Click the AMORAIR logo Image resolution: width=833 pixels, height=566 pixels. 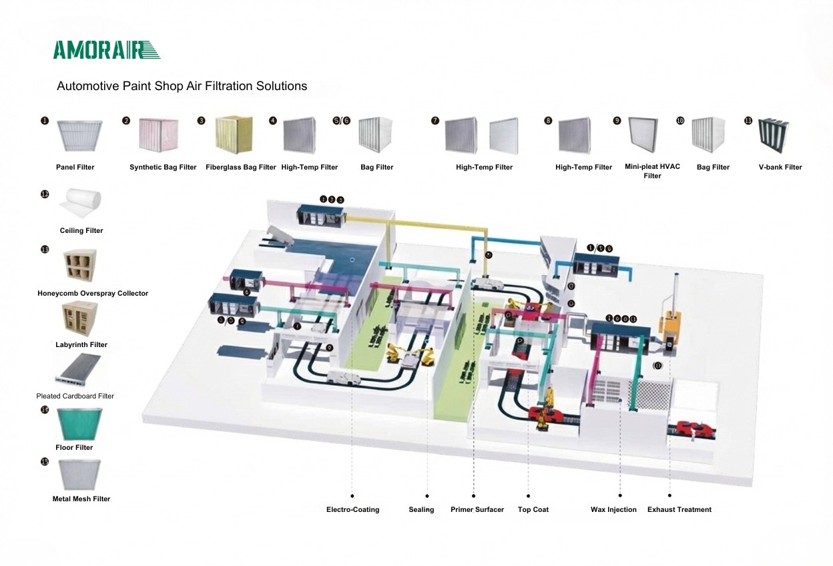tap(107, 50)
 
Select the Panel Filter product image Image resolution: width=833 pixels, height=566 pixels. tap(79, 136)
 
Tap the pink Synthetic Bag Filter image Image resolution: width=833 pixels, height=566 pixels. tap(159, 136)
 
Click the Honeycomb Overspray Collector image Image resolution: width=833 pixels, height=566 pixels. tap(80, 266)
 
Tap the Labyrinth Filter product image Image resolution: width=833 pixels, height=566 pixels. tap(80, 319)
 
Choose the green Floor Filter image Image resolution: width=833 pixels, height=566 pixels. tap(79, 424)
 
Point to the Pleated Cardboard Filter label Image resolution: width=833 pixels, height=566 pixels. tap(75, 396)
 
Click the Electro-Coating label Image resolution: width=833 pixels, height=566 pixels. tap(352, 509)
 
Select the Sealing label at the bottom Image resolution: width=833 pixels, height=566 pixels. tap(421, 509)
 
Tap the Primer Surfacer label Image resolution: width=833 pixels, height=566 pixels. tap(477, 509)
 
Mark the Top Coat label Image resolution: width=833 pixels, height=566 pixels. tap(533, 509)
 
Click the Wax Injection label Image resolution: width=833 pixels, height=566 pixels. tap(613, 509)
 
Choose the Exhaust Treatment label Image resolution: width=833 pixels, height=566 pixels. tap(679, 509)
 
